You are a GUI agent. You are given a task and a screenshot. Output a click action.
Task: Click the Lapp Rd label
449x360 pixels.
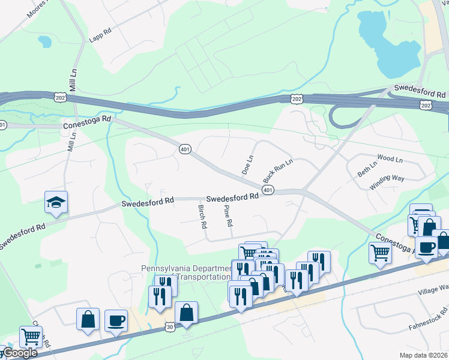click(100, 31)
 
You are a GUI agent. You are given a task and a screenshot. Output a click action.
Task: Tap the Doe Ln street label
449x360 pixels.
click(247, 165)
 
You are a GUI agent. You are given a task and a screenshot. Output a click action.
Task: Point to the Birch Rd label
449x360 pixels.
click(202, 217)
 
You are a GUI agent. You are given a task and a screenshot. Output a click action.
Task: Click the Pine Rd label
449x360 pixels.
click(228, 215)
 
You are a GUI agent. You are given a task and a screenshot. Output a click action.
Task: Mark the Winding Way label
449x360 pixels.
click(387, 182)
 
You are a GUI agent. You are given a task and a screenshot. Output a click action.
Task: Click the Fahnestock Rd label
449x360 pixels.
click(427, 320)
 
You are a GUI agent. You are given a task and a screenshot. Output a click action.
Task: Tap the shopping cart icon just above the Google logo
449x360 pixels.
click(31, 336)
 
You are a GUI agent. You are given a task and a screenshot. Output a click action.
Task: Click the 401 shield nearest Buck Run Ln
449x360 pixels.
click(268, 190)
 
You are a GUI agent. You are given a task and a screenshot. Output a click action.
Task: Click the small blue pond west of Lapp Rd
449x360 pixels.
click(44, 41)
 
